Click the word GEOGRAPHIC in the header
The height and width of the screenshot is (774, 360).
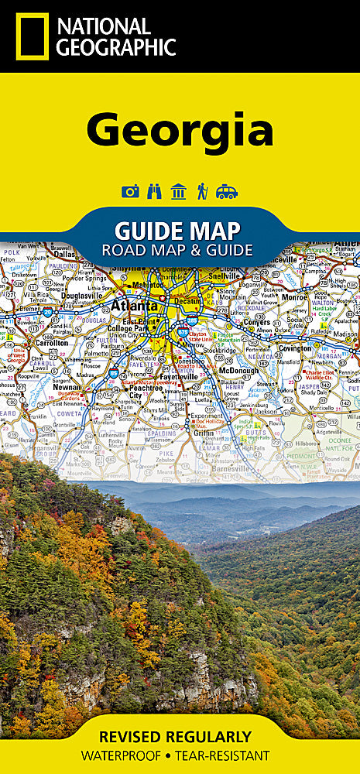pyautogui.click(x=115, y=46)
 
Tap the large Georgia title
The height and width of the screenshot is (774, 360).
pyautogui.click(x=180, y=131)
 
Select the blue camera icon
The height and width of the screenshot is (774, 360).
pyautogui.click(x=130, y=191)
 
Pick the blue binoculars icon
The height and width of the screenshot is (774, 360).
pyautogui.click(x=154, y=191)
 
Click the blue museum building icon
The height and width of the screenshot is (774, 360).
pyautogui.click(x=178, y=191)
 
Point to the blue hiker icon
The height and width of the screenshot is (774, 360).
pyautogui.click(x=202, y=191)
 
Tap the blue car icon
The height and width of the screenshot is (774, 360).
pyautogui.click(x=227, y=191)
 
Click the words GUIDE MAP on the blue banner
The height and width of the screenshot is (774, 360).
pyautogui.click(x=177, y=230)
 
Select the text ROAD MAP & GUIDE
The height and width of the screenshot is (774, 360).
pyautogui.click(x=177, y=249)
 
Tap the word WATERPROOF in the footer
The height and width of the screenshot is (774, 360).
pyautogui.click(x=125, y=755)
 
